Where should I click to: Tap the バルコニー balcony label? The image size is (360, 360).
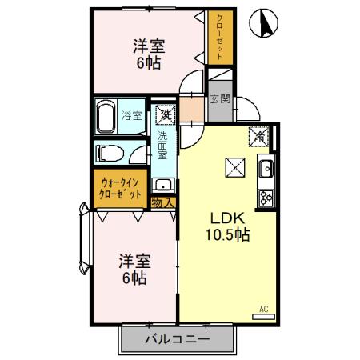pos(177,339)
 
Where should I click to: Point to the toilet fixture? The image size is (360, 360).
pos(109,152)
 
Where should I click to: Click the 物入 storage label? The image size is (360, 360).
pos(162,202)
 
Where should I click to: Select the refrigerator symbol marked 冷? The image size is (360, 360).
pos(260,137)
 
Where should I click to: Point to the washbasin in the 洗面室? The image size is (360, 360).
pos(163,184)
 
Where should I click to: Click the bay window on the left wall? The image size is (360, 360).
pos(83,240)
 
